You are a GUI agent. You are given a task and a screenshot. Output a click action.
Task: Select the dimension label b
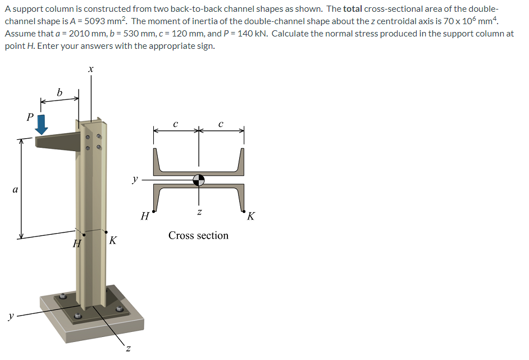point(60,92)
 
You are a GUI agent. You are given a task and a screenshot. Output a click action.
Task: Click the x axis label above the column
point(91,69)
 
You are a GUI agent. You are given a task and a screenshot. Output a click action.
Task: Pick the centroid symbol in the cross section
point(198,180)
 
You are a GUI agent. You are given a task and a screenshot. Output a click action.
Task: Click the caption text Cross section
point(198,235)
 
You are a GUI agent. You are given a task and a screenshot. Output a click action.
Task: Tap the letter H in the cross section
point(145,216)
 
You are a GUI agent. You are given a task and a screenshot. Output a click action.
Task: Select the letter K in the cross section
point(250,216)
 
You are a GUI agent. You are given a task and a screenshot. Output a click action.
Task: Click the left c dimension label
point(176,124)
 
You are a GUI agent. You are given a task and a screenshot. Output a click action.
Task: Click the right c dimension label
point(221,124)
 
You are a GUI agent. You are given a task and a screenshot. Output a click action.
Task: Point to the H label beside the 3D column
point(77,244)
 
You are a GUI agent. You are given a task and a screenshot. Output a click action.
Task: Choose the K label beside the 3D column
point(113,241)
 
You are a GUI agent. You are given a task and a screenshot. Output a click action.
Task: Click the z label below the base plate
point(128,349)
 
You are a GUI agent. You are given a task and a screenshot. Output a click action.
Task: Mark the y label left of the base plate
point(11,316)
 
